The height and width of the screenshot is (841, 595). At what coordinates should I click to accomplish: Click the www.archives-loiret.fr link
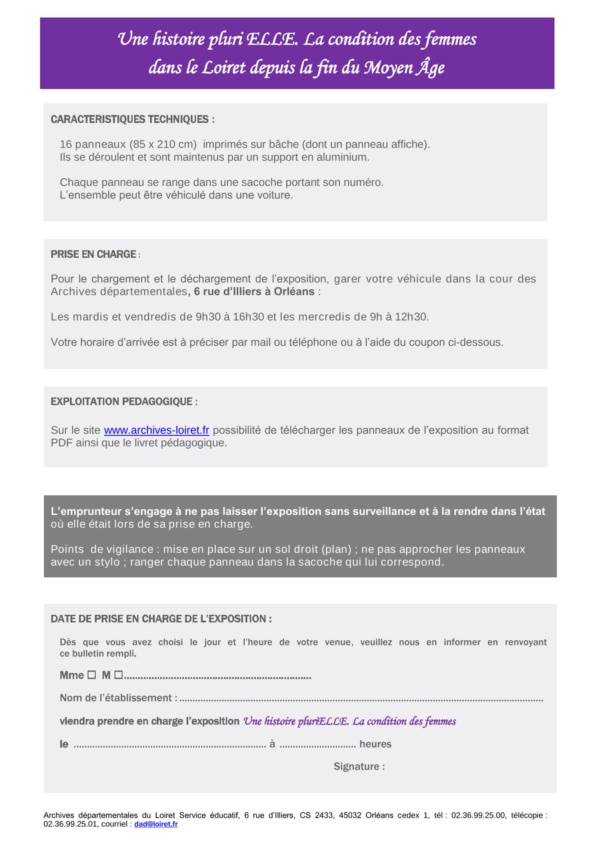coord(156,430)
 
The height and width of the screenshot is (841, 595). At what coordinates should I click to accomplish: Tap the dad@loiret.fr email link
coord(156,824)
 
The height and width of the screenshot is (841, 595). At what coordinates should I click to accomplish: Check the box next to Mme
coord(92,675)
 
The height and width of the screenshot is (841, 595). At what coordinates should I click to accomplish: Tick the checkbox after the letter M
coord(118,675)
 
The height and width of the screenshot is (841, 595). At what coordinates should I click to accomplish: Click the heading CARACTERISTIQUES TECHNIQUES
coord(132,119)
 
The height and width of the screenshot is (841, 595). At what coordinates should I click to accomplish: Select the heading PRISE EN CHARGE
coord(93,254)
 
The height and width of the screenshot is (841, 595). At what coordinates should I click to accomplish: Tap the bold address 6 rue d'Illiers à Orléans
coord(254,291)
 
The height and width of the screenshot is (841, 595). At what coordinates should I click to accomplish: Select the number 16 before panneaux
coord(65,144)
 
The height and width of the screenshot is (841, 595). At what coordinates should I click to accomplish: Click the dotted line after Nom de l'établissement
coord(361,698)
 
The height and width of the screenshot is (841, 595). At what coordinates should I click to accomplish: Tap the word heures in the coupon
coord(375,744)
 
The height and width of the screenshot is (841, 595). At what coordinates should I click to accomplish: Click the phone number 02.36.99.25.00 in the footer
coord(478,815)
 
